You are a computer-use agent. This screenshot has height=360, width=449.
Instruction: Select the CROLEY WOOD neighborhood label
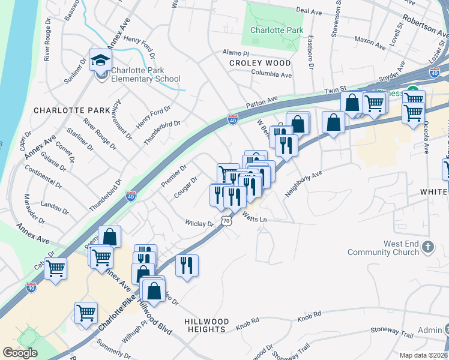[x=259, y=62]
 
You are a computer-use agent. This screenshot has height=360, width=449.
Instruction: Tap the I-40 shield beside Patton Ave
[x=233, y=120]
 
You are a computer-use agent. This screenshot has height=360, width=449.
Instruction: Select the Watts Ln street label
[x=255, y=220]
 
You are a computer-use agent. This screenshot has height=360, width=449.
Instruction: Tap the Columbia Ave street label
[x=271, y=76]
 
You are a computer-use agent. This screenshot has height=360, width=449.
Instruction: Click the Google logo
[x=20, y=353]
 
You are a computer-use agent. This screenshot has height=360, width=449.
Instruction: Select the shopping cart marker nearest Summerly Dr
[x=86, y=313]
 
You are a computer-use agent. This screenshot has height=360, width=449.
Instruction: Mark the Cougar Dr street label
[x=186, y=187]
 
